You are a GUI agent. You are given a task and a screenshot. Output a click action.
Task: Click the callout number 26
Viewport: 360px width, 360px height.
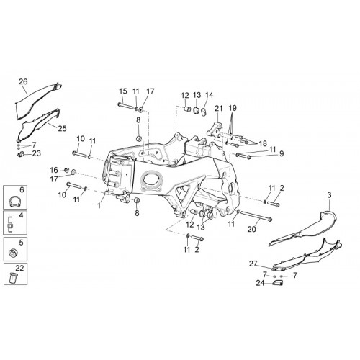coord(23,81)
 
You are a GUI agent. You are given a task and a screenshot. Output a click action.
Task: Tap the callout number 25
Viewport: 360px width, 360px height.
coord(62,128)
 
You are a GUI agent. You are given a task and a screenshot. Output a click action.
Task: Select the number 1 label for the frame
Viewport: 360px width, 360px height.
coord(99,205)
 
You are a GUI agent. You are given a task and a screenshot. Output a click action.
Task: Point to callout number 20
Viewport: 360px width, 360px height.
coord(252,230)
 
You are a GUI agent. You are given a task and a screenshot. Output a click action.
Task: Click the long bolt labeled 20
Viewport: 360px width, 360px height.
coord(256,216)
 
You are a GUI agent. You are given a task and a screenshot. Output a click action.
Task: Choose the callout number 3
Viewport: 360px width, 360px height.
coord(329,195)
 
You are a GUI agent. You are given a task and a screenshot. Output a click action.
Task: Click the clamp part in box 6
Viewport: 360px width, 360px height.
coord(14,201)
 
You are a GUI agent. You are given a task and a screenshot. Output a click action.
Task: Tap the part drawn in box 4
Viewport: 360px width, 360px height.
coord(10,224)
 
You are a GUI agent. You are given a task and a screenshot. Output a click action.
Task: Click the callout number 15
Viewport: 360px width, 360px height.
coord(123,91)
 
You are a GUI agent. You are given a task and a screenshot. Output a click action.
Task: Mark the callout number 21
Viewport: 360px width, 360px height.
coord(219,109)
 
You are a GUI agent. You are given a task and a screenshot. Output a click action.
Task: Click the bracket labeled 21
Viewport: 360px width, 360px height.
coord(214,131)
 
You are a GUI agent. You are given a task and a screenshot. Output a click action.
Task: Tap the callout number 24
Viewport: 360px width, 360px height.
coord(260,283)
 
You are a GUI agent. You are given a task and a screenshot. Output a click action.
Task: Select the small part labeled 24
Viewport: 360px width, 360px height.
coord(277,283)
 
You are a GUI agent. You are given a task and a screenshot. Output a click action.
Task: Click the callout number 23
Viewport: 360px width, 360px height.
coord(37,153)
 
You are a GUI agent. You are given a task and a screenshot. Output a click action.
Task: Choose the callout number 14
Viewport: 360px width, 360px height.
coord(210,95)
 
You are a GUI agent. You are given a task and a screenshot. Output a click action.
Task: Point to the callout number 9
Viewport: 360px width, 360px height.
coord(282,153)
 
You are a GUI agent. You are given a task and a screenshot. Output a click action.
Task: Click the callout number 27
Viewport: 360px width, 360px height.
coord(253,264)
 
